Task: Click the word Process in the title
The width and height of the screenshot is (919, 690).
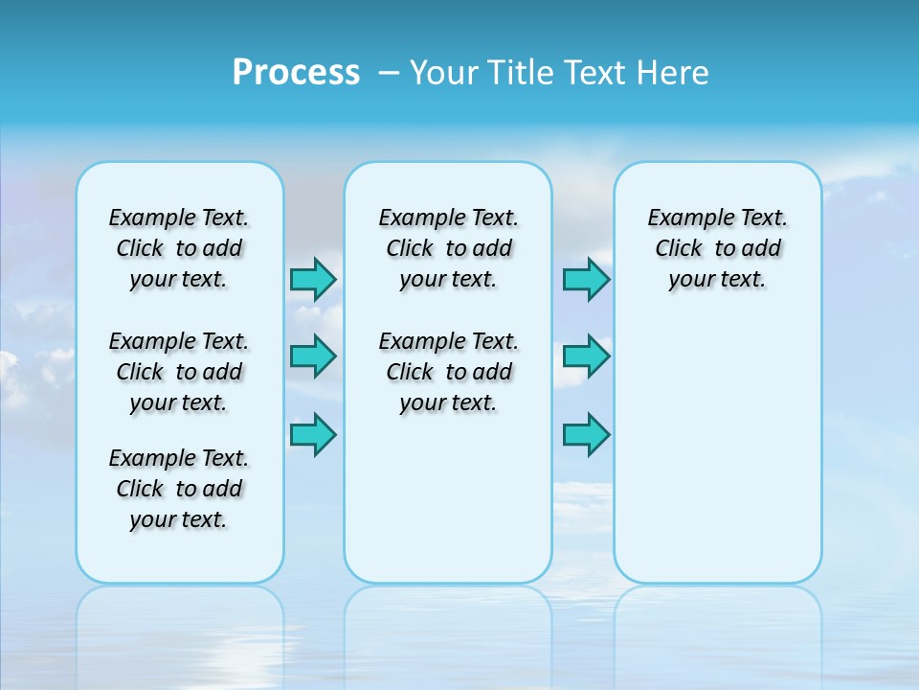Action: (x=296, y=72)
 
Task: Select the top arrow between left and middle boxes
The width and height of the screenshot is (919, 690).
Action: (x=313, y=279)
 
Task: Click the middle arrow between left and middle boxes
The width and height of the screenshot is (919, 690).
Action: (x=313, y=356)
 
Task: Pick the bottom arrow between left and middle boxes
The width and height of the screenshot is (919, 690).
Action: (x=313, y=434)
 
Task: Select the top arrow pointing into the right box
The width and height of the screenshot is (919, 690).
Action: (x=586, y=279)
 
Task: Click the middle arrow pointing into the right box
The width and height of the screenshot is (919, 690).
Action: (x=586, y=356)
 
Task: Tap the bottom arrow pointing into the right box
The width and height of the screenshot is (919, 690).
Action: (x=586, y=434)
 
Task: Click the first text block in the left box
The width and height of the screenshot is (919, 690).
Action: (x=179, y=248)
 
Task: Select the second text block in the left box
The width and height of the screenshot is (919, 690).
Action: (x=179, y=372)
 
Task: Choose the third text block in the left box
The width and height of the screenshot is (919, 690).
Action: (x=179, y=489)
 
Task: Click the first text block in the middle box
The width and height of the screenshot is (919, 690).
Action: (x=448, y=248)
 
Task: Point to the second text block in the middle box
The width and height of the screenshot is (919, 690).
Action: (x=448, y=372)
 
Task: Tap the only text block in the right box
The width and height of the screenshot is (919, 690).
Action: (x=717, y=248)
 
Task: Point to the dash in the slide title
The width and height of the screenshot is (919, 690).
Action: (x=389, y=72)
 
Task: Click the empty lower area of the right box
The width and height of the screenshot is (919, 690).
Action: (x=717, y=450)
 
